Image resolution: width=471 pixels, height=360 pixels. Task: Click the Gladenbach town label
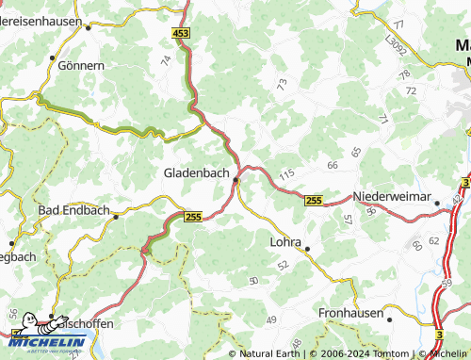click(x=196, y=172)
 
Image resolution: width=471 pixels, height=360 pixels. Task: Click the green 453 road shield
click(x=182, y=33)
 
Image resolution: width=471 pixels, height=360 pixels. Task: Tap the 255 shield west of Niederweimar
click(x=314, y=199)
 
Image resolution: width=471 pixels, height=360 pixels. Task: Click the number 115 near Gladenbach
click(x=286, y=173)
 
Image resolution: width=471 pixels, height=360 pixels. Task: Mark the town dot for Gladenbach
click(x=235, y=179)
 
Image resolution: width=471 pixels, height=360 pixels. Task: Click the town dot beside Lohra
click(x=307, y=249)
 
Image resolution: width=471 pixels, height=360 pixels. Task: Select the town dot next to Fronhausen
click(x=389, y=319)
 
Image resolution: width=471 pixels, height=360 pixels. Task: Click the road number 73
click(x=282, y=84)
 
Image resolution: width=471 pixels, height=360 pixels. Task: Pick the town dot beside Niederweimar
click(x=437, y=202)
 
